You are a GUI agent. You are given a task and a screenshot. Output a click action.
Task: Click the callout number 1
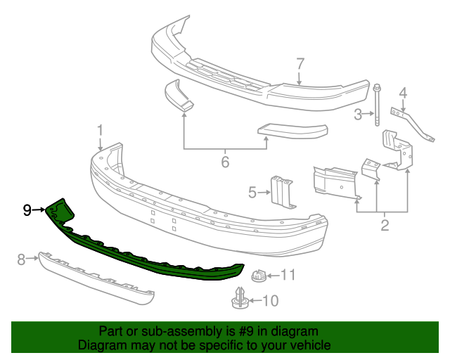coord(100,131)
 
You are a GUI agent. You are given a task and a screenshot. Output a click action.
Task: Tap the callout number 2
coord(385,226)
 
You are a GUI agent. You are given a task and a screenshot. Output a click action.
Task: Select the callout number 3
coord(358,114)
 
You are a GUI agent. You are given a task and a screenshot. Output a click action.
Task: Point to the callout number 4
coord(403,92)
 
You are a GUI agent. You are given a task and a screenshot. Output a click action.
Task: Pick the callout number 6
coord(225,162)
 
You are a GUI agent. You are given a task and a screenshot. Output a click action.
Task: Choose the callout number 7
coord(300,65)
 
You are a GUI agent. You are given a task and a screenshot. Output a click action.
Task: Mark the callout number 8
coord(21,260)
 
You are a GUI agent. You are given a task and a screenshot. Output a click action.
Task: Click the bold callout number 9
coord(27,210)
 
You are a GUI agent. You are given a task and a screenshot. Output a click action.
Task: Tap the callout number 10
coord(271,301)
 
